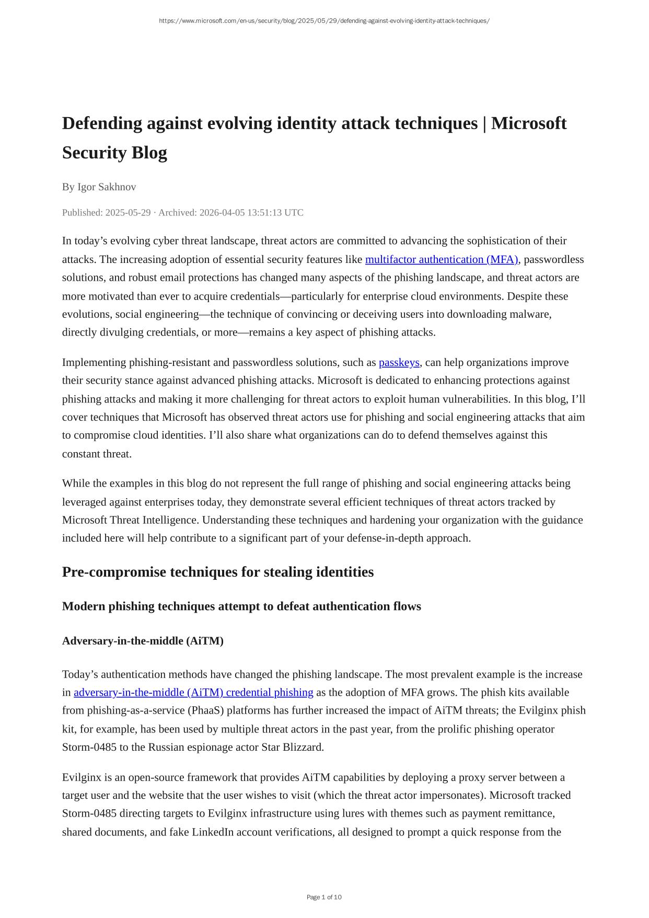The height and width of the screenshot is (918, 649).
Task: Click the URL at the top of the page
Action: coord(324,21)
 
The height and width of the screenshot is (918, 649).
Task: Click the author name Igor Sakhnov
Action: coord(107,187)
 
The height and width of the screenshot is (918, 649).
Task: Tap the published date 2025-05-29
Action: coord(128,212)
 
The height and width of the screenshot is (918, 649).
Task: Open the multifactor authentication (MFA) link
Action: coord(442,259)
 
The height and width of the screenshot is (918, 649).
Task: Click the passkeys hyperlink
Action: coord(399,362)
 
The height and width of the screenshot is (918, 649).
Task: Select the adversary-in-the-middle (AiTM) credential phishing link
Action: coord(193,692)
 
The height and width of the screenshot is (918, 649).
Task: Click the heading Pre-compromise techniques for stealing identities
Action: coord(218,572)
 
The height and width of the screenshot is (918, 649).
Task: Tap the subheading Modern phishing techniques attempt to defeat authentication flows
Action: coord(241,606)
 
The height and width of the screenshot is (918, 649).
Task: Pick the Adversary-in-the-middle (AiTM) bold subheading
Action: coord(143,641)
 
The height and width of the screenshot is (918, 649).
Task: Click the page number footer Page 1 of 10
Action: coord(324,897)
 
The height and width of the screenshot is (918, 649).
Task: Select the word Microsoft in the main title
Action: coord(529,123)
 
